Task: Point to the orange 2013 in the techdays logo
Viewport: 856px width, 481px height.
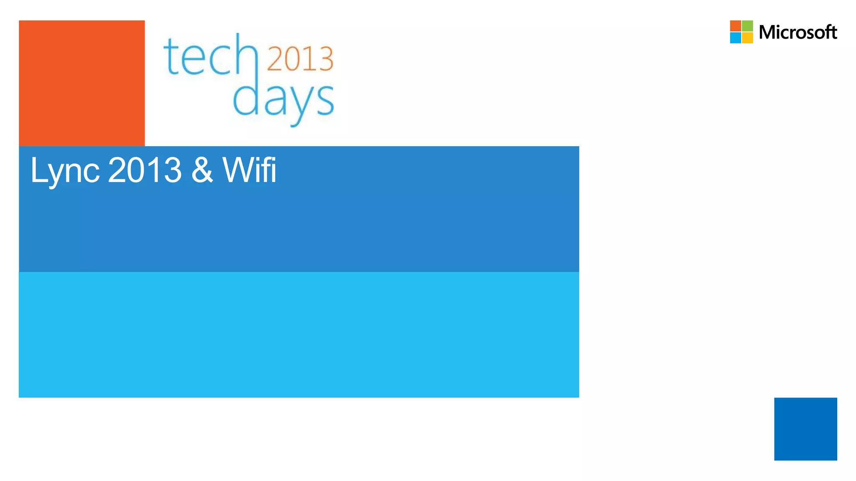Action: click(300, 58)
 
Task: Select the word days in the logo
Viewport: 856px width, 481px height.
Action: click(283, 100)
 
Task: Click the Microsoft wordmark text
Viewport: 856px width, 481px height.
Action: click(797, 32)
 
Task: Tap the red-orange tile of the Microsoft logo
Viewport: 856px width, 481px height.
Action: click(736, 26)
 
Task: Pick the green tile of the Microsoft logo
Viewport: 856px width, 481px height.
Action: click(747, 26)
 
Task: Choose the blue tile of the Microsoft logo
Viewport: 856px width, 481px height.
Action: click(736, 38)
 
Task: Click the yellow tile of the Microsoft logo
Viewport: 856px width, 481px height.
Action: click(747, 38)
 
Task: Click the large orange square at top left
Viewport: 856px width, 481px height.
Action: click(82, 83)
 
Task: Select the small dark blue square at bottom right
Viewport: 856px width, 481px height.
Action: click(805, 429)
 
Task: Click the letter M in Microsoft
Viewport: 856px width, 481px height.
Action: click(768, 32)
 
